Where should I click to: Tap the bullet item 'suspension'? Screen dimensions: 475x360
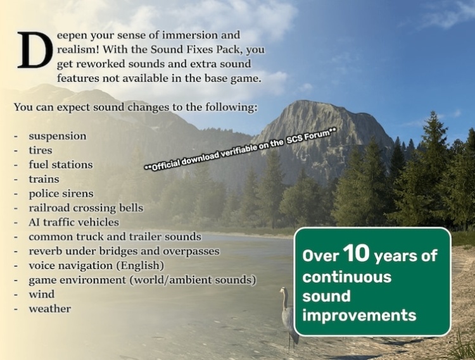(58, 136)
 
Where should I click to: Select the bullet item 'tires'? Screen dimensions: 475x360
(41, 151)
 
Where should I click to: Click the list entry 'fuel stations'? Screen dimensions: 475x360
(61, 164)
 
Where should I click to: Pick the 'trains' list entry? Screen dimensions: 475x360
(44, 179)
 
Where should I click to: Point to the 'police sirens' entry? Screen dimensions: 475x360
(61, 194)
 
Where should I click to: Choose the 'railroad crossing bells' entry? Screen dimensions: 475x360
(86, 208)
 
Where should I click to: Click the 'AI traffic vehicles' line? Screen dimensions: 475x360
(74, 222)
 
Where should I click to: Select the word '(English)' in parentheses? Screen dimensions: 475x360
(140, 266)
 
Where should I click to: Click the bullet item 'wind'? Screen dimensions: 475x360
(42, 294)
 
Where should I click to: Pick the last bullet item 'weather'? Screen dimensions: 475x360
(49, 309)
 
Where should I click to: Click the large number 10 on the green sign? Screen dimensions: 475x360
(356, 252)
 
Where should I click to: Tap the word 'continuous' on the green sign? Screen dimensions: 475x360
(347, 277)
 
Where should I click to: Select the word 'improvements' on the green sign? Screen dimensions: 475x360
(359, 315)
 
